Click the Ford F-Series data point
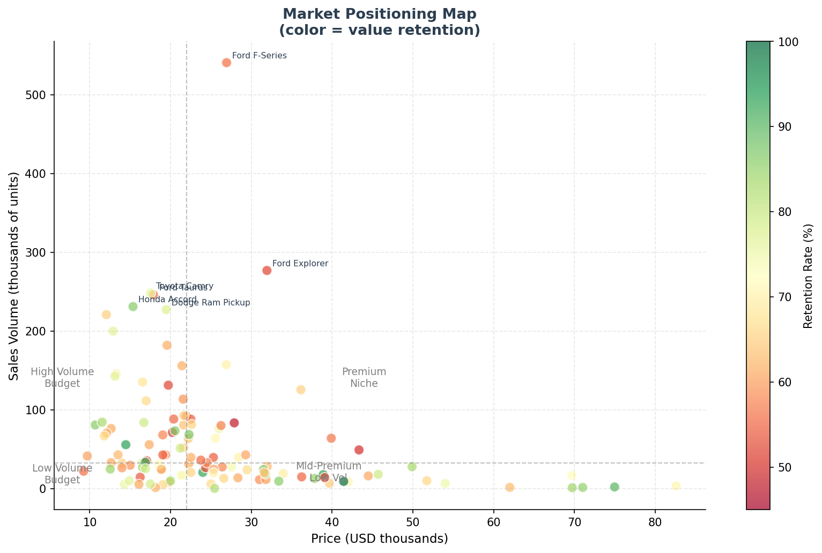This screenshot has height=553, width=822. [226, 63]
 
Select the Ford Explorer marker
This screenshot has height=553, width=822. [266, 271]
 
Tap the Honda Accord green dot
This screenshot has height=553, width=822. [133, 307]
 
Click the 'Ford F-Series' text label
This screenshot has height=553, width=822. [259, 56]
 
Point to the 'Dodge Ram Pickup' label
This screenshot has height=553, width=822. [211, 303]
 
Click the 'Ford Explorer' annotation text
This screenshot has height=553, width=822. [300, 264]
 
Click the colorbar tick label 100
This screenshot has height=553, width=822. [784, 42]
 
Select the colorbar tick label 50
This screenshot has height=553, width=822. [781, 467]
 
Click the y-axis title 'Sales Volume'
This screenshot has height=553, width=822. [14, 275]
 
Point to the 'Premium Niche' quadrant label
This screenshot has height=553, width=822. [364, 378]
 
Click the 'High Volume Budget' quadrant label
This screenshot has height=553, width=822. [62, 378]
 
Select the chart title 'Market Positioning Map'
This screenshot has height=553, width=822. [379, 14]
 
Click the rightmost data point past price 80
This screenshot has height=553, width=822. [676, 486]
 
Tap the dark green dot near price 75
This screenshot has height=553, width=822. [614, 487]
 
